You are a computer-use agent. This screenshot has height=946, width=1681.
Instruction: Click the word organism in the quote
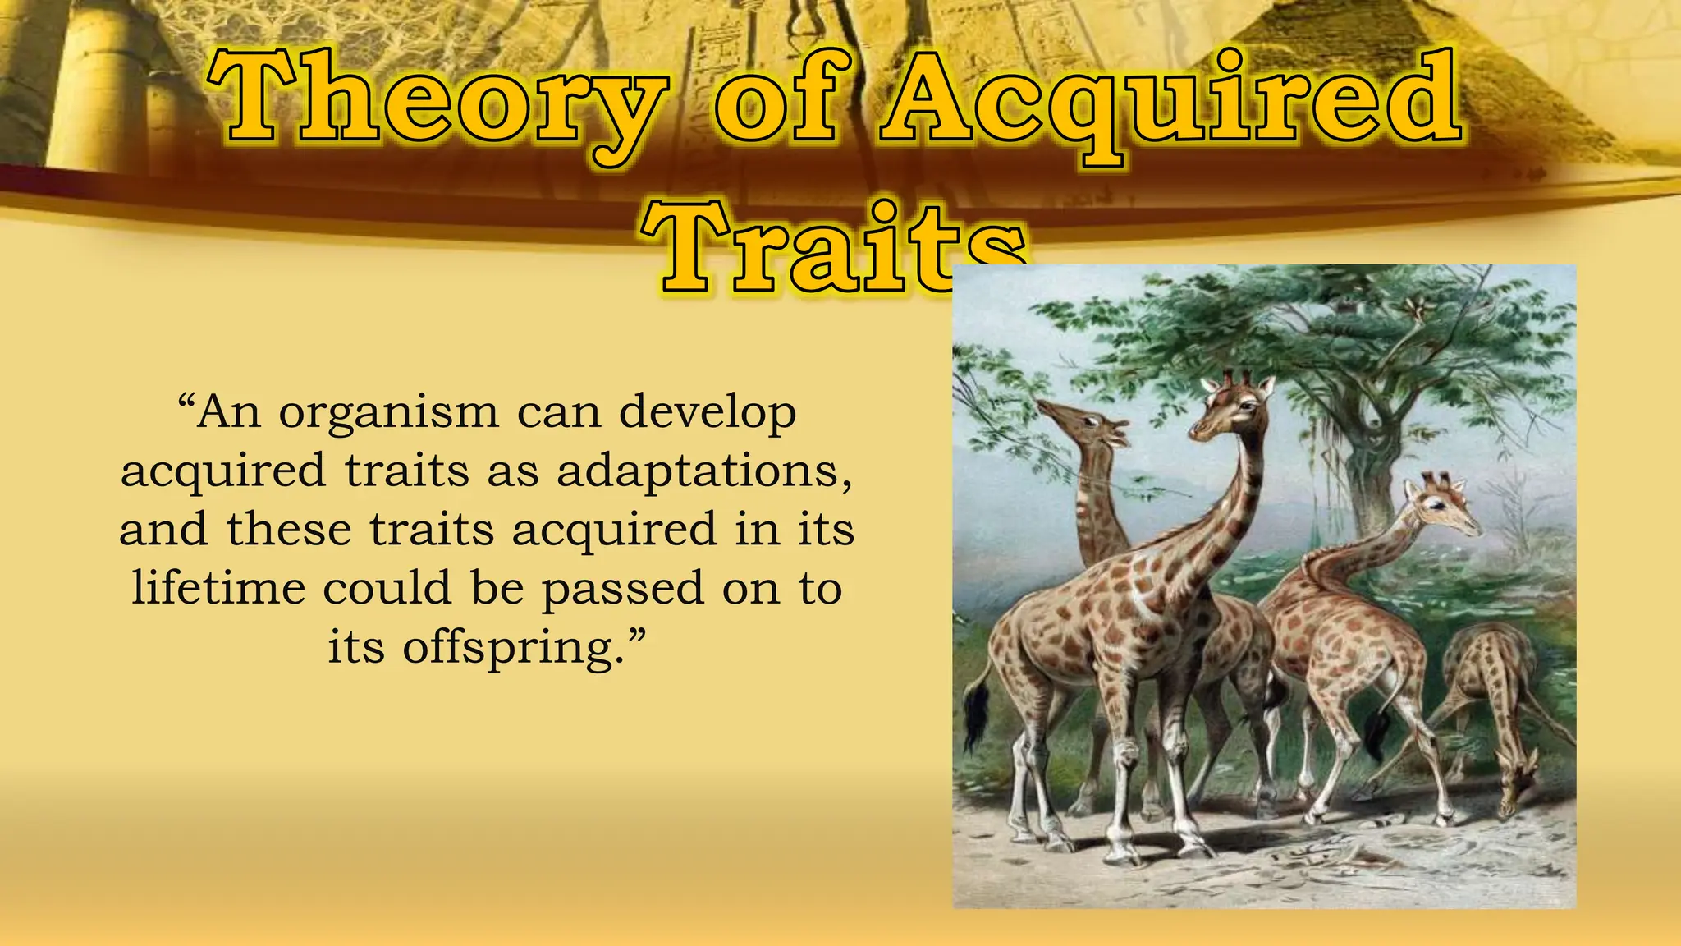tap(388, 413)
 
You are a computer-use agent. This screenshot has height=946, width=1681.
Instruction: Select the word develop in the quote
tap(707, 413)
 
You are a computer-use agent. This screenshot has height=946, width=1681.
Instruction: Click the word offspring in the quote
tap(508, 648)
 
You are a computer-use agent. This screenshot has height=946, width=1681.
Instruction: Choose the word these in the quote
tap(288, 530)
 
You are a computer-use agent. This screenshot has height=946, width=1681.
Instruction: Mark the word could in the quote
tap(387, 589)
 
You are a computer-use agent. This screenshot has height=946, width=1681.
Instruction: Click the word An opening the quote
tap(229, 413)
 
